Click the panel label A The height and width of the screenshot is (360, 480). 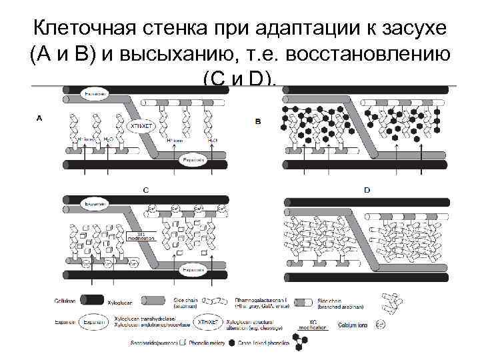(x=39, y=119)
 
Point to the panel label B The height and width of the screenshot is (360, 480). (x=258, y=121)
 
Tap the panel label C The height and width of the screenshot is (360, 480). (x=145, y=189)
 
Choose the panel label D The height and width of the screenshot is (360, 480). (x=367, y=190)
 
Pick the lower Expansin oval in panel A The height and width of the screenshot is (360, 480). (x=193, y=161)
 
